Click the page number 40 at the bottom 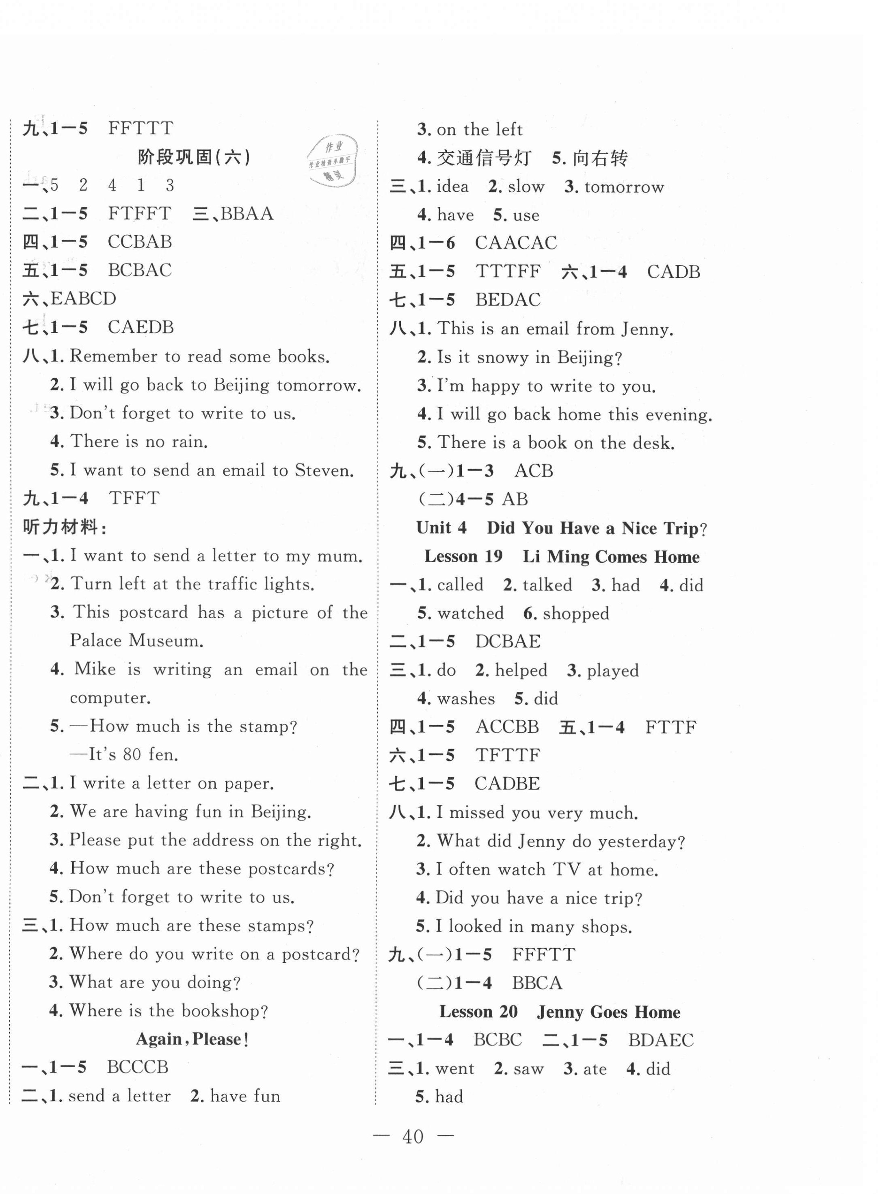pos(413,1137)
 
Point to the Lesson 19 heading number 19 pos(493,557)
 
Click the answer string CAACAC pos(515,243)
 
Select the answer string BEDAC pos(508,300)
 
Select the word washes pos(465,698)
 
